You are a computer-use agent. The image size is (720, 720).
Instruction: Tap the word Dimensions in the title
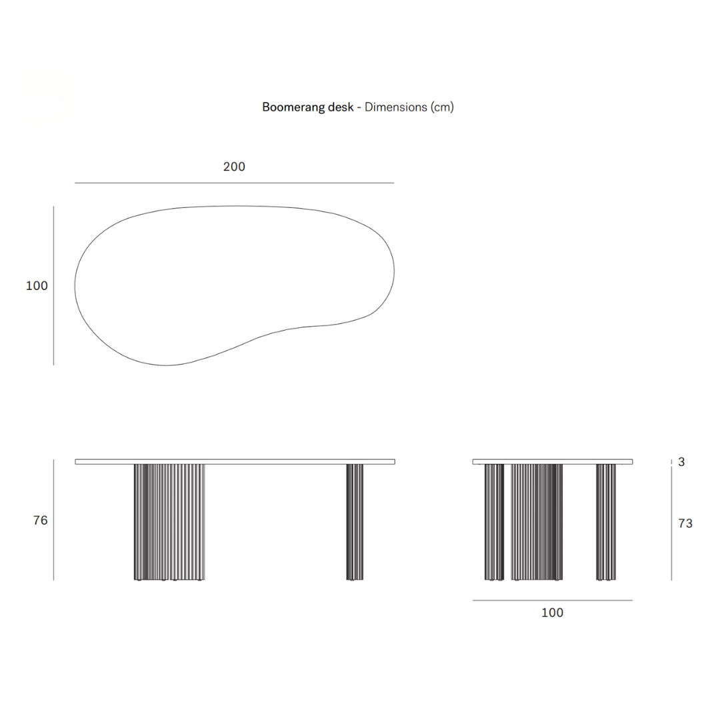point(396,107)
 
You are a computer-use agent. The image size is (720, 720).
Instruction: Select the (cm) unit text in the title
point(442,107)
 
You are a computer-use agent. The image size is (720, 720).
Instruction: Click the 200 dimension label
point(234,167)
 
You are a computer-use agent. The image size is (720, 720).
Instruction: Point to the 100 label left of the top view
point(37,285)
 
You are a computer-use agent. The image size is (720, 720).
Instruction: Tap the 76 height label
point(41,520)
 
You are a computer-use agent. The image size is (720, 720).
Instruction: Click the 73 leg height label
point(685,523)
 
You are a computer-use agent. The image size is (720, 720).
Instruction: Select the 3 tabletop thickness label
point(681,461)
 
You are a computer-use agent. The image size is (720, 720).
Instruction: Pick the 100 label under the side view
point(553,613)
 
